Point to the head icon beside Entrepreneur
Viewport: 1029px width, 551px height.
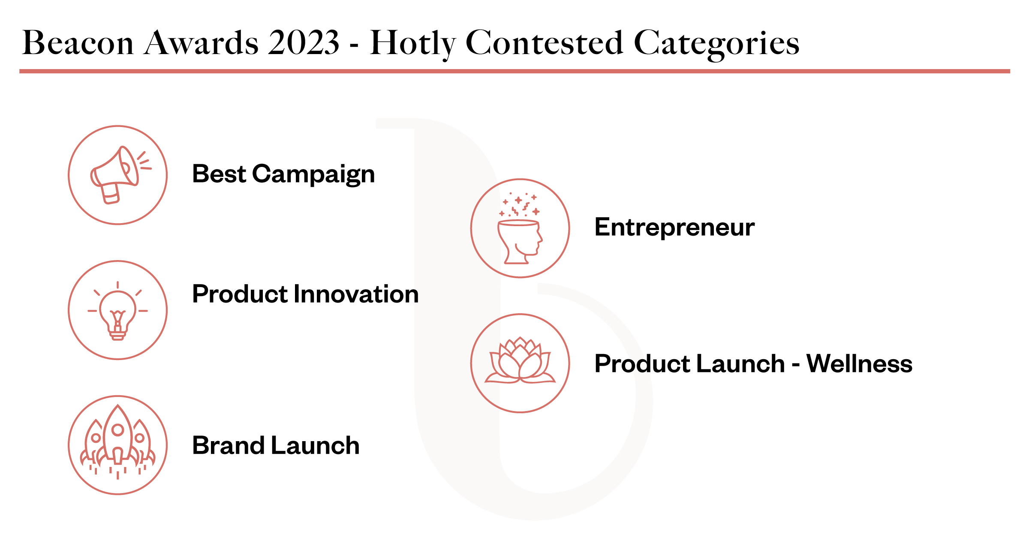point(520,241)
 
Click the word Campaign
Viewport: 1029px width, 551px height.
point(313,175)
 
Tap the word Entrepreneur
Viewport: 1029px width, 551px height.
point(674,227)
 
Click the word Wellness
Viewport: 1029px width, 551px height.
point(860,363)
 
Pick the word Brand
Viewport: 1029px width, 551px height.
point(228,445)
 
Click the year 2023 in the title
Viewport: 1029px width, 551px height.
point(304,43)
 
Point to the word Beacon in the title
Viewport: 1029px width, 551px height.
point(78,43)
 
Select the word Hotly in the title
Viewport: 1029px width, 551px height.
point(412,44)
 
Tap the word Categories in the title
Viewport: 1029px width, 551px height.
point(716,44)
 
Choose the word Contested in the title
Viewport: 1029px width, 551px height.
point(545,43)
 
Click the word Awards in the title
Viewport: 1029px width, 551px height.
point(202,43)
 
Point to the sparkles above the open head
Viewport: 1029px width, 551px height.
point(519,205)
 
